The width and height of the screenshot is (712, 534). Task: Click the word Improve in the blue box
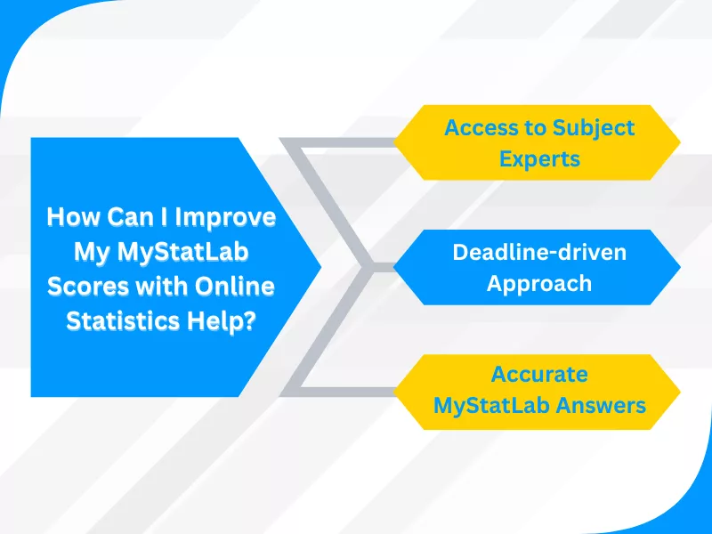point(231,218)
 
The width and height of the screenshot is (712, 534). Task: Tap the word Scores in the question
point(84,287)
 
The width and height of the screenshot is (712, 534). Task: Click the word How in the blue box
point(69,218)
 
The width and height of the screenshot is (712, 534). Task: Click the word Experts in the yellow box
point(539,159)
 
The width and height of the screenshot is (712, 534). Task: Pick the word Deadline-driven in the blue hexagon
point(539,252)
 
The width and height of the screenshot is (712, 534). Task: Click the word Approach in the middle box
point(539,284)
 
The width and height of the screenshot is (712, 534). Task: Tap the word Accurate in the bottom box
point(539,374)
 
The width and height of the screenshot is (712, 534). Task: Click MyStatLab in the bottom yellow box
point(491,406)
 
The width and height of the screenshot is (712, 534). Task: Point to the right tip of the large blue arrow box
point(320,267)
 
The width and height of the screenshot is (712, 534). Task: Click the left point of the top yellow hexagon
point(395,142)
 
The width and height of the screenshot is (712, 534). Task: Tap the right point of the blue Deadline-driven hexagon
point(681,267)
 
